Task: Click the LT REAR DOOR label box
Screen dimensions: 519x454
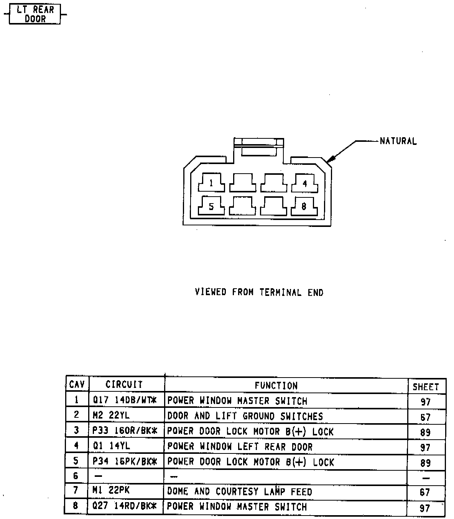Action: click(35, 14)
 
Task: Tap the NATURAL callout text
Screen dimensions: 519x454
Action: click(398, 141)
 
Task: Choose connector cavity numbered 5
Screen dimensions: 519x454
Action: click(211, 207)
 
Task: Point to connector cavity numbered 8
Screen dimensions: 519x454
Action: click(304, 207)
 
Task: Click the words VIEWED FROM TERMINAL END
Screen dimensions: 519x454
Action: click(259, 292)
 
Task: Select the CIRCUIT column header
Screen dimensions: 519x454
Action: click(124, 384)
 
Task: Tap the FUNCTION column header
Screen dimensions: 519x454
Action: click(276, 386)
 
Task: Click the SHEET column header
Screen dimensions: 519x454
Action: click(426, 387)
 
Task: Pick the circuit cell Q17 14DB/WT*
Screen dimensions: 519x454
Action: click(125, 401)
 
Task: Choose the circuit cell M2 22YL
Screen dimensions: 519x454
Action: click(111, 416)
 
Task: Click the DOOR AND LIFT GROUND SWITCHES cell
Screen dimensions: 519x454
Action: click(245, 416)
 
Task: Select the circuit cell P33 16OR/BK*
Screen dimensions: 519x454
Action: click(125, 431)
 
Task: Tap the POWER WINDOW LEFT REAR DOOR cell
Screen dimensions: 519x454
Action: click(240, 447)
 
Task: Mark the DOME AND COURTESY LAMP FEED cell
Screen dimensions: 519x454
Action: click(240, 491)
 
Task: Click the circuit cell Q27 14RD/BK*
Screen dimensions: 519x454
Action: click(125, 506)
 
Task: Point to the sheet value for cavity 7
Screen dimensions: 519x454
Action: click(425, 492)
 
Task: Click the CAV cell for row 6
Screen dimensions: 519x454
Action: click(76, 476)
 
